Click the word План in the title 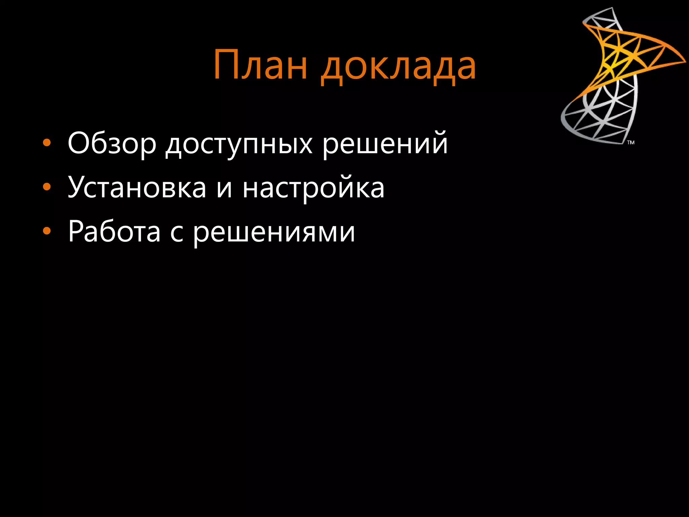pyautogui.click(x=260, y=65)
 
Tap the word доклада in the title pyautogui.click(x=398, y=67)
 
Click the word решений pyautogui.click(x=385, y=144)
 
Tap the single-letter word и pyautogui.click(x=224, y=188)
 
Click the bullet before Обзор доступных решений pyautogui.click(x=47, y=143)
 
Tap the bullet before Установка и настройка pyautogui.click(x=47, y=187)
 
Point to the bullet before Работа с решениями pyautogui.click(x=47, y=231)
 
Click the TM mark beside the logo pyautogui.click(x=631, y=142)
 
